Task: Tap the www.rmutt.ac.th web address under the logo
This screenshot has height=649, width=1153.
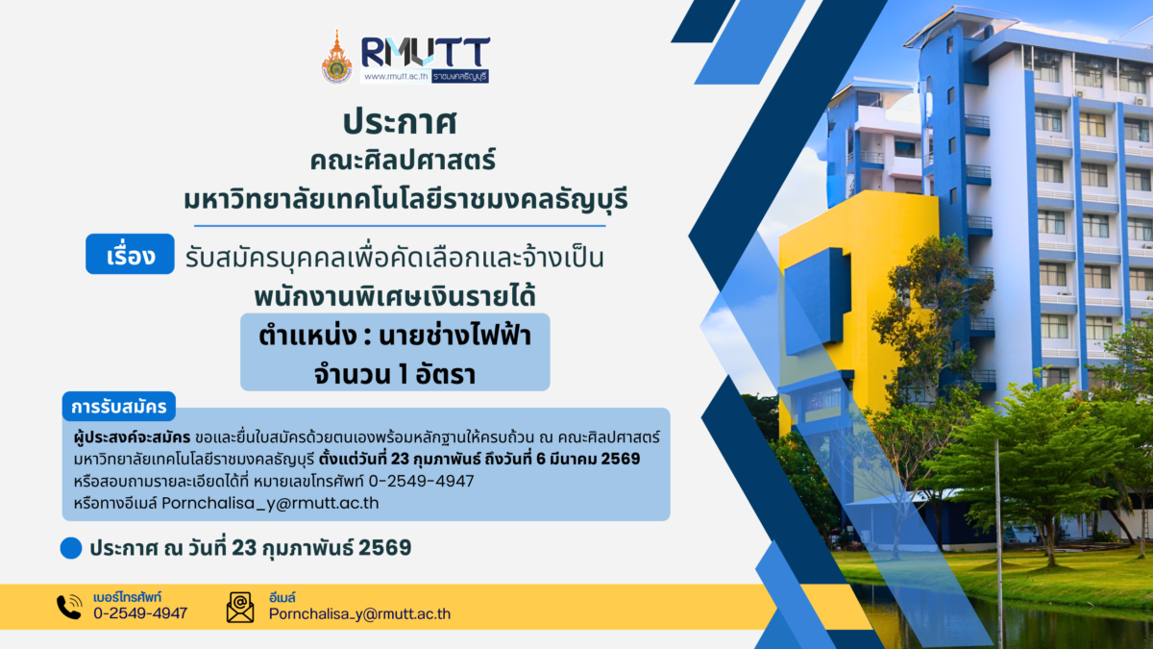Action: [394, 76]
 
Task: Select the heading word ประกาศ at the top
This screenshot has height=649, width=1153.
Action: [398, 123]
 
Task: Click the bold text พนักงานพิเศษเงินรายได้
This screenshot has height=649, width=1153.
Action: [395, 291]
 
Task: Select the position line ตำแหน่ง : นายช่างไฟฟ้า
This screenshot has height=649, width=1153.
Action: [395, 336]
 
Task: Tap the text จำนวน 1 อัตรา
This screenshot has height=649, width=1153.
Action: [395, 370]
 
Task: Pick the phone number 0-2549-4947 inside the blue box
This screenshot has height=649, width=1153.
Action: [425, 481]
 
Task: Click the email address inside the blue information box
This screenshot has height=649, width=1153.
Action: [270, 503]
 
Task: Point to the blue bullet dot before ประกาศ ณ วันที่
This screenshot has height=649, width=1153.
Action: [70, 548]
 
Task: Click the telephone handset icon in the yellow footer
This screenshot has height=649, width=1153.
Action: [69, 607]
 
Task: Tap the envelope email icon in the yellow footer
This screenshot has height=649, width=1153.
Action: [240, 607]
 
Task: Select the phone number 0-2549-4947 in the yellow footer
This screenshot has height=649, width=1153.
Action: [140, 613]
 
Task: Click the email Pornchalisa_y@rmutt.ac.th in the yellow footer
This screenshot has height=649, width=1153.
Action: [359, 613]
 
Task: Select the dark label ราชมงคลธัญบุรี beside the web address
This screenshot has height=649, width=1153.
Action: [459, 76]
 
